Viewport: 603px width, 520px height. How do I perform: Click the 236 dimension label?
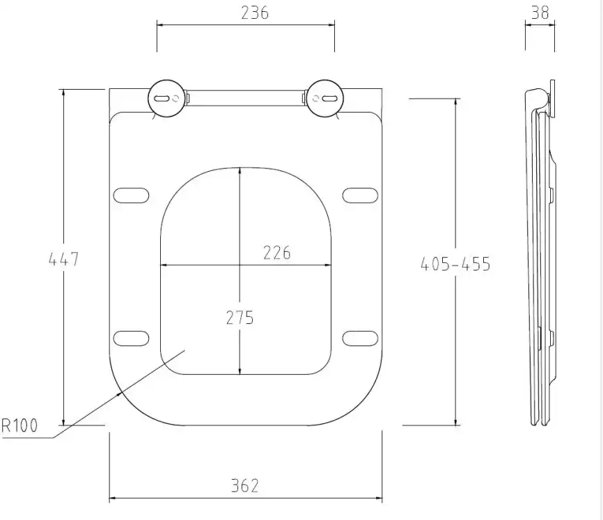255,13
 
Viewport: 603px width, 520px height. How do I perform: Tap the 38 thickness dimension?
540,13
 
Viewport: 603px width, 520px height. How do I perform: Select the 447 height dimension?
64,259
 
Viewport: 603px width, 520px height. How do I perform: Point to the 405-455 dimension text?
455,264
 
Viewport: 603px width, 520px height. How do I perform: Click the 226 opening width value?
277,253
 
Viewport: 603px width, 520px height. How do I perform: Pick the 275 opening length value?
240,318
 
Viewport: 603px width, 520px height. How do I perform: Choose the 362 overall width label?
245,485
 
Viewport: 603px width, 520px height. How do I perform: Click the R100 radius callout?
19,425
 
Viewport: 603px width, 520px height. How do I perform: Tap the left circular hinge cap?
167,99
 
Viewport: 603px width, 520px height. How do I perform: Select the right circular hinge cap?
325,99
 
